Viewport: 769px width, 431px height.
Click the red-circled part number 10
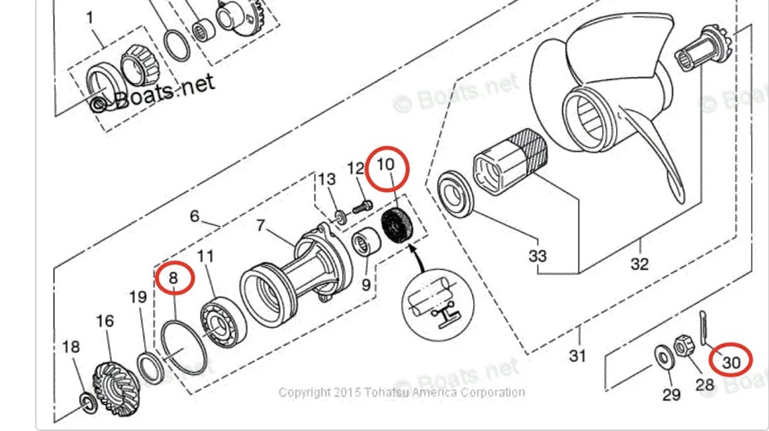[x=386, y=165]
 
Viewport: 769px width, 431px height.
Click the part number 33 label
[x=538, y=254]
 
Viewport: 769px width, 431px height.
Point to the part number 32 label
[x=639, y=264]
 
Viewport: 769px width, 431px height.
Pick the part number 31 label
[x=577, y=356]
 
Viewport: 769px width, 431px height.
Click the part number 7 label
[x=261, y=226]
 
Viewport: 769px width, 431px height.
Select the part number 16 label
[x=105, y=321]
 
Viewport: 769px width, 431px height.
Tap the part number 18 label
[x=71, y=347]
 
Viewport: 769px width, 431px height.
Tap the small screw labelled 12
[x=361, y=205]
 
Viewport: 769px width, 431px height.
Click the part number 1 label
[x=90, y=17]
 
